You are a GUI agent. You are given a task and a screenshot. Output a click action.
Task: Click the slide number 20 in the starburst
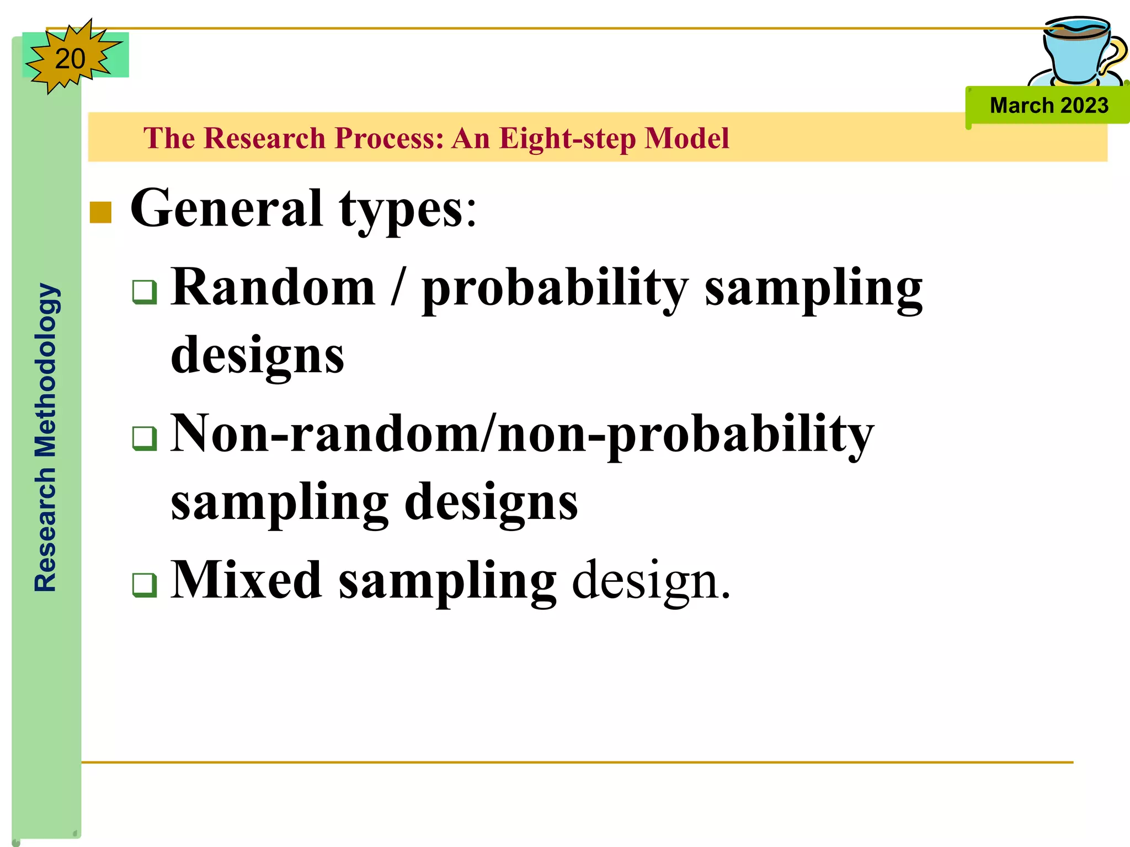click(x=70, y=58)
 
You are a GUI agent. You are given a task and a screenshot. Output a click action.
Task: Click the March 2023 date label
click(x=1048, y=105)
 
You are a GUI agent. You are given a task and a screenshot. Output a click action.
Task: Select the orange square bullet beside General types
click(x=100, y=212)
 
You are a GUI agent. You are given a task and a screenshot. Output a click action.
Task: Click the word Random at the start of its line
click(x=273, y=287)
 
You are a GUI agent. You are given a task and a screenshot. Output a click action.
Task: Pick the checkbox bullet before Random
click(x=145, y=292)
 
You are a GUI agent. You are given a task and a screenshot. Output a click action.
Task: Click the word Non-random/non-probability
click(x=522, y=435)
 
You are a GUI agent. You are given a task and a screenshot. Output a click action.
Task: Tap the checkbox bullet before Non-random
click(x=145, y=438)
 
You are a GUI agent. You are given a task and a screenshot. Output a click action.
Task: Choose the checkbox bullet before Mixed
click(x=145, y=585)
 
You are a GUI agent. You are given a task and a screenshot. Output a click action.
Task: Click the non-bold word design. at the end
click(x=651, y=581)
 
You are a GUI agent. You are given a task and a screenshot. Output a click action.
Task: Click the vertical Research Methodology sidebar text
click(x=45, y=437)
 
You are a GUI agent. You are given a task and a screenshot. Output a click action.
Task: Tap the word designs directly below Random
click(x=257, y=356)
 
